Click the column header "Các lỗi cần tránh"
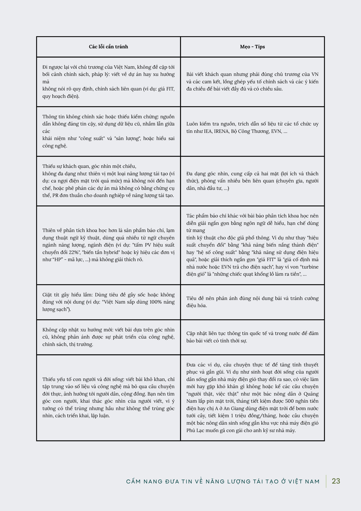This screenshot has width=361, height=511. pyautogui.click(x=109, y=47)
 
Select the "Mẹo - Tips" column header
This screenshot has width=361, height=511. pyautogui.click(x=252, y=47)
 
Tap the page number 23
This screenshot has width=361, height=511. pyautogui.click(x=336, y=481)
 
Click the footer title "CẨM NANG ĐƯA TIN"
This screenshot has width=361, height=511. pyautogui.click(x=223, y=482)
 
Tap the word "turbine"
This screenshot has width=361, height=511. pyautogui.click(x=309, y=267)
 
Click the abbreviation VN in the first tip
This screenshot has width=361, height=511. pyautogui.click(x=315, y=74)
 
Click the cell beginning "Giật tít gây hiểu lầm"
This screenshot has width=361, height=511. pyautogui.click(x=109, y=302)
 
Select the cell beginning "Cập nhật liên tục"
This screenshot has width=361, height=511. pyautogui.click(x=252, y=337)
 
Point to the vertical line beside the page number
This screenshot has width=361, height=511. pyautogui.click(x=326, y=481)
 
